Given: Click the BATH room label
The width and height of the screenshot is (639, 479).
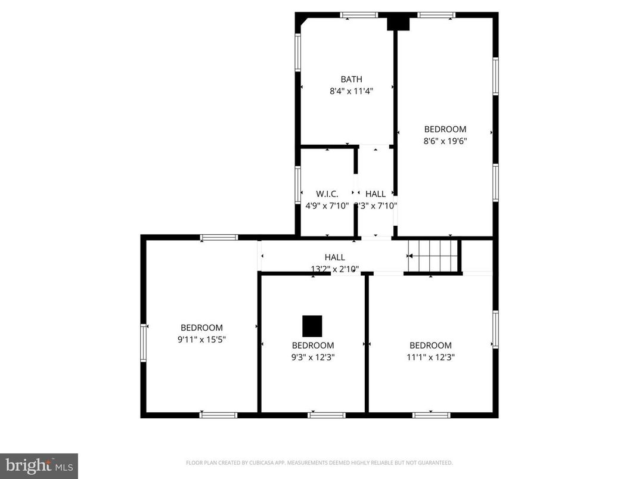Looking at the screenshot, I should [x=351, y=79].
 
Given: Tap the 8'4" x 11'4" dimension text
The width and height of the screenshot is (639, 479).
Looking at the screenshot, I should [x=351, y=92].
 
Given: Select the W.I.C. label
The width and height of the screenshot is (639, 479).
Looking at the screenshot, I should [x=327, y=194].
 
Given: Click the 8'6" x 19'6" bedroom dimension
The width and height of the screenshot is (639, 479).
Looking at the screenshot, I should [x=445, y=142].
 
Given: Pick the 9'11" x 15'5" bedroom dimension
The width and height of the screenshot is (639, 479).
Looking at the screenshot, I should [x=201, y=340].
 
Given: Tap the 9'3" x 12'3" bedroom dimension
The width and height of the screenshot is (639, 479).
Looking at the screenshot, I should [x=312, y=357].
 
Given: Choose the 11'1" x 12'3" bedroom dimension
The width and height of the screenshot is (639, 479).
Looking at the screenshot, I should [x=430, y=357].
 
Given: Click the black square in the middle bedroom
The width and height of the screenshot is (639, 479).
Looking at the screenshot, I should [x=312, y=326].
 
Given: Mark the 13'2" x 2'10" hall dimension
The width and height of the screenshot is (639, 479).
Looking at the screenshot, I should [x=334, y=269].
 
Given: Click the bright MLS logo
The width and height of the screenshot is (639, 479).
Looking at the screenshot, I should [x=39, y=465].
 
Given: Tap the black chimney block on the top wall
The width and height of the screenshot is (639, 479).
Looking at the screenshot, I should [x=398, y=23].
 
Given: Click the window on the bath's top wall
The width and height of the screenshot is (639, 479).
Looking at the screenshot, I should [x=359, y=15].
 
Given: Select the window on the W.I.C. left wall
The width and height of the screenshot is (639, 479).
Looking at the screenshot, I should [x=297, y=185].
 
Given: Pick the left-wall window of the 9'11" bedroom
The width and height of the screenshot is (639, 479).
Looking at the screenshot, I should [x=144, y=342].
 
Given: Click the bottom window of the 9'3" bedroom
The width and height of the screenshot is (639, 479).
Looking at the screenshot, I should [x=326, y=415].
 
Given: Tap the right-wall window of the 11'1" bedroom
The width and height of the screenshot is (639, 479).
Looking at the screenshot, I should [x=495, y=329].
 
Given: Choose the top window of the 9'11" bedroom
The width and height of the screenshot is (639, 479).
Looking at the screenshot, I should [x=219, y=237].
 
